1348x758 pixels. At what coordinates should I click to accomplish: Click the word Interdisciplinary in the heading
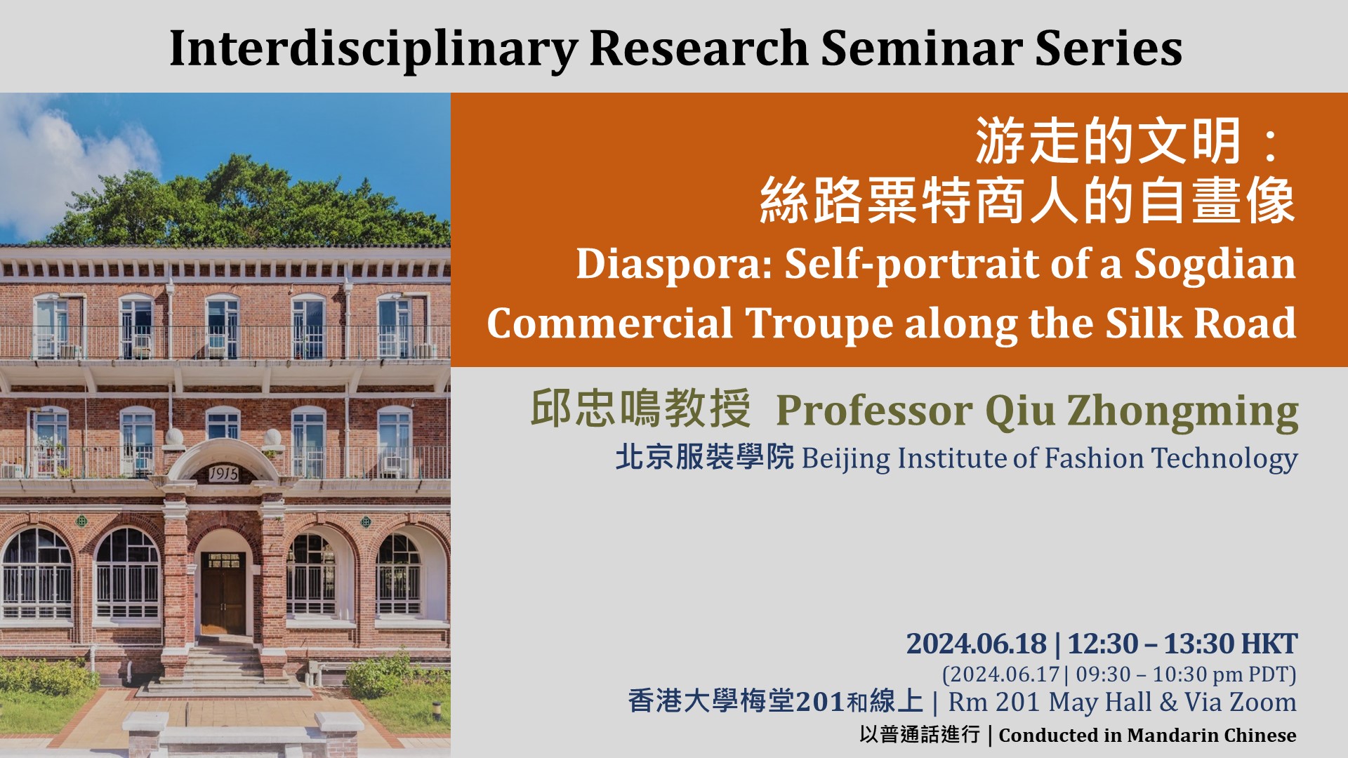click(x=374, y=49)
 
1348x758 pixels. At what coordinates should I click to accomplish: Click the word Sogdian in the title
click(x=1215, y=265)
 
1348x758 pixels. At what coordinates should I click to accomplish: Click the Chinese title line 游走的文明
click(x=1109, y=141)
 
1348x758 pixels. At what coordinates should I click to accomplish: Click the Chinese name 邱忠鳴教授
click(x=640, y=408)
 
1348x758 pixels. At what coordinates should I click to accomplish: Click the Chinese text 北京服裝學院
click(x=704, y=457)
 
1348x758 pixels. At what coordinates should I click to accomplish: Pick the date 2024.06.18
click(x=977, y=644)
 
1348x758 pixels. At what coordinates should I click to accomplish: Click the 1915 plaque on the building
click(x=223, y=474)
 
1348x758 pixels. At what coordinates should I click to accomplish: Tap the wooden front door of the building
click(x=223, y=592)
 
